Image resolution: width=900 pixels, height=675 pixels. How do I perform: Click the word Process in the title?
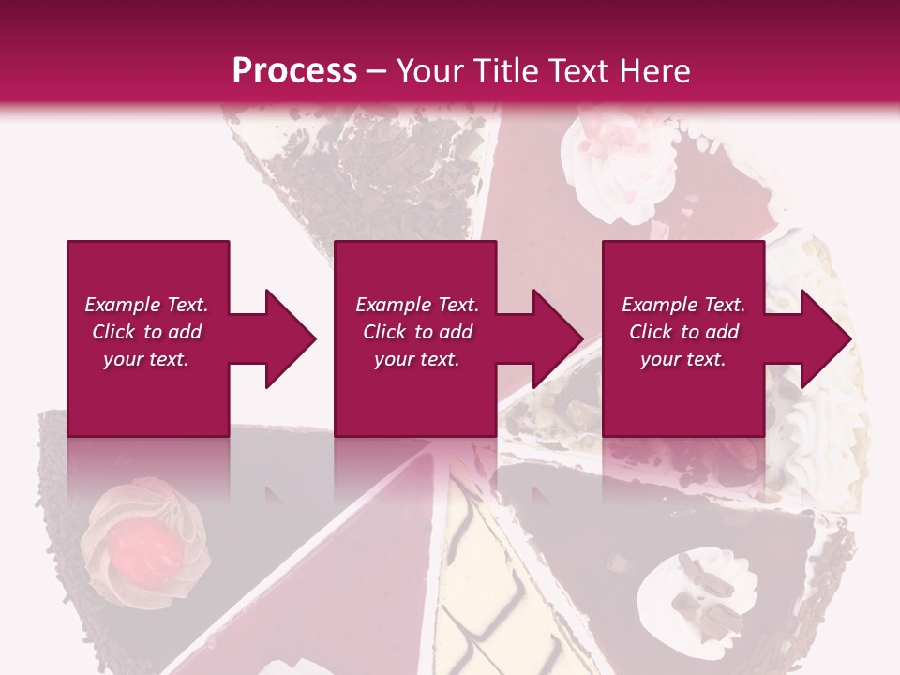(294, 71)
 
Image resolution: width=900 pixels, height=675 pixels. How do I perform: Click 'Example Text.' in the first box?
(146, 305)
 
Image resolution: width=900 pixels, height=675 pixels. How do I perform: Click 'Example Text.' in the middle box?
(417, 305)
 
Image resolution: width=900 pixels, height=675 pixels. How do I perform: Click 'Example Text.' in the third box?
(683, 305)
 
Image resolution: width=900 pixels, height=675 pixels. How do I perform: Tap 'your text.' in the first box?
(146, 359)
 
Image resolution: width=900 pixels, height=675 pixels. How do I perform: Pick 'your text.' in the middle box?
(417, 359)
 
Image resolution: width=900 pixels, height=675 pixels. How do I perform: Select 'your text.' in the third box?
(683, 359)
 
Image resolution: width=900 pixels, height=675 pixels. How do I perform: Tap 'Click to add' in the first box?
(146, 332)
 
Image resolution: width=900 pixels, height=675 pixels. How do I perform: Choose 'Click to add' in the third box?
(683, 332)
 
